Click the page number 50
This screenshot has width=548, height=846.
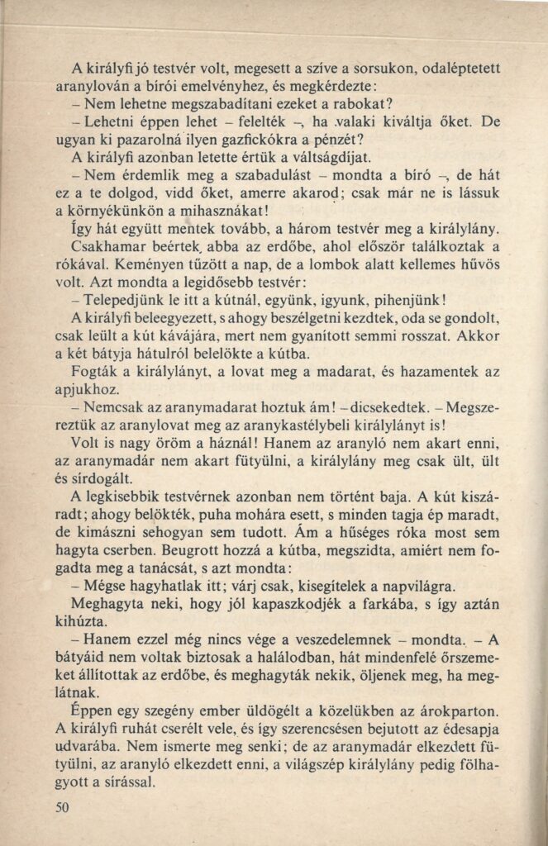click(x=63, y=806)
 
